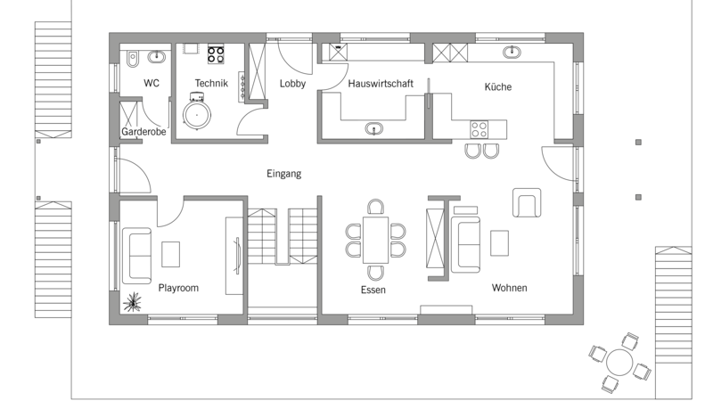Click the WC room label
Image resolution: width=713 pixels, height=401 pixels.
[x=152, y=83]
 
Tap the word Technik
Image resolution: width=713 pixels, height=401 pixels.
[x=211, y=83]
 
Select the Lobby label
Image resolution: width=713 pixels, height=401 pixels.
[x=292, y=84]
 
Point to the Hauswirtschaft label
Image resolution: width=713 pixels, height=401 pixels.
[x=381, y=84]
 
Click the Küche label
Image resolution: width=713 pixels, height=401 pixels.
[x=498, y=86]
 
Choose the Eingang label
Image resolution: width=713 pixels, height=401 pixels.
[x=283, y=174]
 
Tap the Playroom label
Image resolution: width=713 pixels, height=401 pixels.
[x=178, y=288]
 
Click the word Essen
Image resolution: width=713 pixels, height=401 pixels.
[x=373, y=291]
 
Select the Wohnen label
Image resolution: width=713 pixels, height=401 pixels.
[x=509, y=288]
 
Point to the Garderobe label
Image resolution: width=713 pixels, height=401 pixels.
[x=143, y=132]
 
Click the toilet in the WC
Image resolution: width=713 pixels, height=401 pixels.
[x=132, y=59]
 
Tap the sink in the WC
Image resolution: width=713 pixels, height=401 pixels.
[x=157, y=57]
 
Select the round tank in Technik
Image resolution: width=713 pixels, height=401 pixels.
[x=197, y=115]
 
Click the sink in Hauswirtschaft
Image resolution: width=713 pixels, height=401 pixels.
[x=373, y=129]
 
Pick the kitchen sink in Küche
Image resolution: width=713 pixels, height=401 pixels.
[x=512, y=53]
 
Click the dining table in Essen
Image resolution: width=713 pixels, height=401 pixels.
[x=375, y=240]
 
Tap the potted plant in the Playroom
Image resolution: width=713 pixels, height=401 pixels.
[x=132, y=302]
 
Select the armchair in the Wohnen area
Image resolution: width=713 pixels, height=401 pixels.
[x=527, y=203]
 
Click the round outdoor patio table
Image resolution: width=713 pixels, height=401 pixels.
[x=619, y=363]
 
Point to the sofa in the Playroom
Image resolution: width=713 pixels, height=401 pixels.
[x=137, y=256]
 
